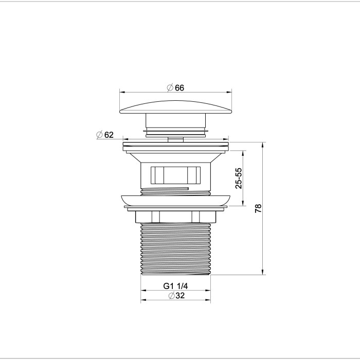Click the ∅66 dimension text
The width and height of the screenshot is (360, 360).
pos(175,88)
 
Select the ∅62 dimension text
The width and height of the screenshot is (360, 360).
pos(105,135)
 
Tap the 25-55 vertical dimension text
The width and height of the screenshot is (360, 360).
pos(238,178)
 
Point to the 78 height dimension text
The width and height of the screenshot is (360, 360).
pos(259,208)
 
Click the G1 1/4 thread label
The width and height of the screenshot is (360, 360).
pos(175,286)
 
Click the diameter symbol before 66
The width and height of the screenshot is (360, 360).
pos(170,88)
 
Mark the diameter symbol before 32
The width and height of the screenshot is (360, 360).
pos(170,295)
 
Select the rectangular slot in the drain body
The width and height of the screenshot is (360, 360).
pos(175,175)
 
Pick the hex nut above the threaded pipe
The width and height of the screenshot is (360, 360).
pos(175,217)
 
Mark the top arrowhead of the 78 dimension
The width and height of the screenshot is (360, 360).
pos(263,145)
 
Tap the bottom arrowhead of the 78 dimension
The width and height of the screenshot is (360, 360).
pos(263,273)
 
